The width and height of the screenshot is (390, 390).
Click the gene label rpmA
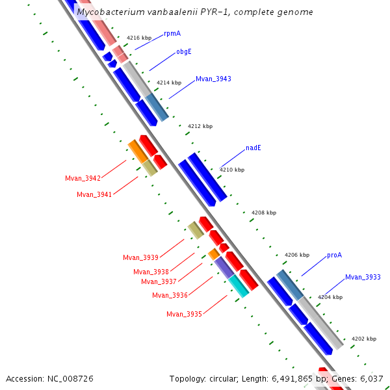click(172, 32)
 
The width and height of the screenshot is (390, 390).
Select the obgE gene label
click(184, 51)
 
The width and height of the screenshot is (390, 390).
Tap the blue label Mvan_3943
click(213, 79)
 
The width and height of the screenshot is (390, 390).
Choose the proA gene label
click(334, 255)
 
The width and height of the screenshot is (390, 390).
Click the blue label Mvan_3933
click(363, 277)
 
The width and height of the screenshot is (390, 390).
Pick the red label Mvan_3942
click(83, 178)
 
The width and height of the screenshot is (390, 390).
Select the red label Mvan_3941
click(94, 194)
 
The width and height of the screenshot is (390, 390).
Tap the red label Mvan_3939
click(140, 257)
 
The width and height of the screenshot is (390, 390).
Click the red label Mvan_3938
click(151, 272)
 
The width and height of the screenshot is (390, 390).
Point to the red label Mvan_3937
click(159, 281)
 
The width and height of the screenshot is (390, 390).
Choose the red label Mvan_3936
click(170, 295)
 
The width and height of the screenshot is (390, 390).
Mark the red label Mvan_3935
click(184, 314)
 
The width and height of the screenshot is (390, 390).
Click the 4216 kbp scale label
click(138, 38)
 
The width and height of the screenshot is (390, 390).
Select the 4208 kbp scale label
click(263, 213)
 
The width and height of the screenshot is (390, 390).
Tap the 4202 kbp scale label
click(363, 339)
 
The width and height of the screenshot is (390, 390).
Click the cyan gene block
click(239, 285)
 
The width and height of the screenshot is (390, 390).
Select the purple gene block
click(224, 267)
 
